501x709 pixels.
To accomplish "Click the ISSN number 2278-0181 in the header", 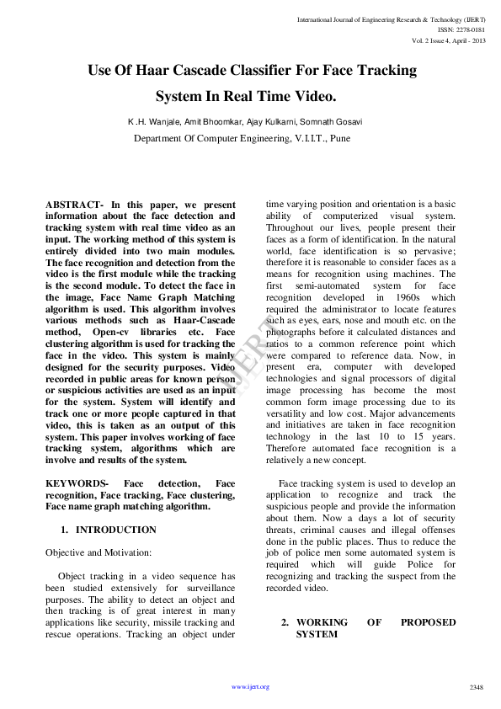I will coord(469,29).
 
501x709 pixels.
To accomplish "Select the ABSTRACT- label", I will coord(74,205).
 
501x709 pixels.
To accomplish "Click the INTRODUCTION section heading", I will coord(116,530).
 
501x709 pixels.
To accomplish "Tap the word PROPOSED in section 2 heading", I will coord(428,622).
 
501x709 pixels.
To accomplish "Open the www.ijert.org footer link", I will coord(250,687).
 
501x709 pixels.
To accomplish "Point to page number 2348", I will coord(476,687).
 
